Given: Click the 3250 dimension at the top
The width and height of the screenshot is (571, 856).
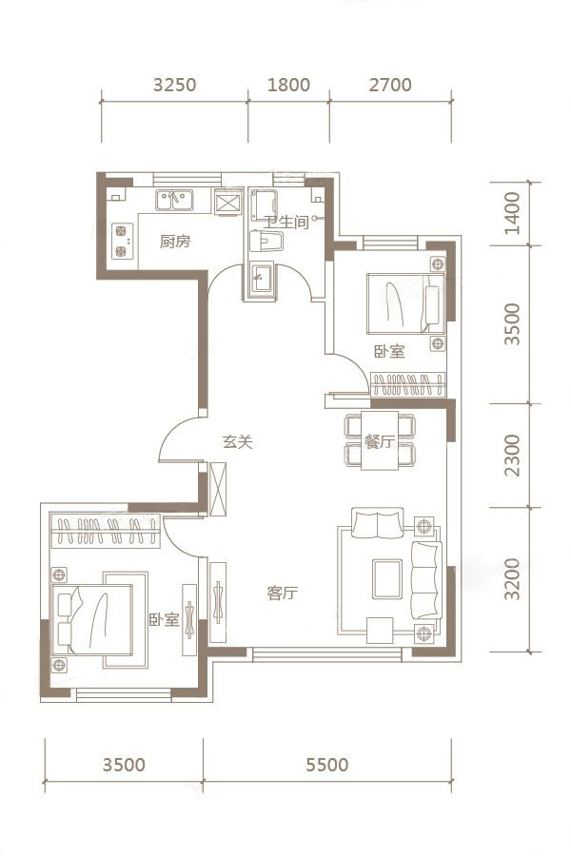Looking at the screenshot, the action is [174, 86].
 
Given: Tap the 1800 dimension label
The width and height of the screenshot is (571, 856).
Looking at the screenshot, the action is [288, 86].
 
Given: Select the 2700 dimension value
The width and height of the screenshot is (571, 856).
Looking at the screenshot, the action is [390, 86].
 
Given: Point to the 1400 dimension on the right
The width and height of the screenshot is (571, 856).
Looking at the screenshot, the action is [513, 213].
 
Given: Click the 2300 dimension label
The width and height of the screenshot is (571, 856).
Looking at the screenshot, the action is [513, 456].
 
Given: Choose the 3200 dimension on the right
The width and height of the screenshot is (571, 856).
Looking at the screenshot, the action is [513, 579].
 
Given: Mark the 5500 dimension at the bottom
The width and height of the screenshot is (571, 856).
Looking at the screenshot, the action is [326, 765].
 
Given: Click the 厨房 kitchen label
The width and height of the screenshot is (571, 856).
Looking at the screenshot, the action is [175, 241].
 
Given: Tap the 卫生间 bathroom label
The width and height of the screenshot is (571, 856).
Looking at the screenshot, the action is [286, 222].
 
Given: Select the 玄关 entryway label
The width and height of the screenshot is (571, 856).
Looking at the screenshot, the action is [238, 441].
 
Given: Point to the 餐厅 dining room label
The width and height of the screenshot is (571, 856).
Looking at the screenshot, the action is [379, 441].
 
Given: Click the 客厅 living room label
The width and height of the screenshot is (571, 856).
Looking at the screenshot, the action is [283, 593].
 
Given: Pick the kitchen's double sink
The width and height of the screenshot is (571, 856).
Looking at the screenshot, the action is [174, 201].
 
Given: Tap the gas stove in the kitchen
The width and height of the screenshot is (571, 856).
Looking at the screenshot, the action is [121, 241].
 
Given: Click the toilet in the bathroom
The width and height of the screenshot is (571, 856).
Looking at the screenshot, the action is [266, 241].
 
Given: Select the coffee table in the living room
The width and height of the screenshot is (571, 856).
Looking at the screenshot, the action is [387, 579].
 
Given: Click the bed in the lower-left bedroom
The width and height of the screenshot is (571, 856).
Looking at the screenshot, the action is [92, 619].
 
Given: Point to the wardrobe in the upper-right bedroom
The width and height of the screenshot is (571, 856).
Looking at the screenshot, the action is [408, 384].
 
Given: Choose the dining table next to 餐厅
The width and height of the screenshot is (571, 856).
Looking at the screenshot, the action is [379, 441].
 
